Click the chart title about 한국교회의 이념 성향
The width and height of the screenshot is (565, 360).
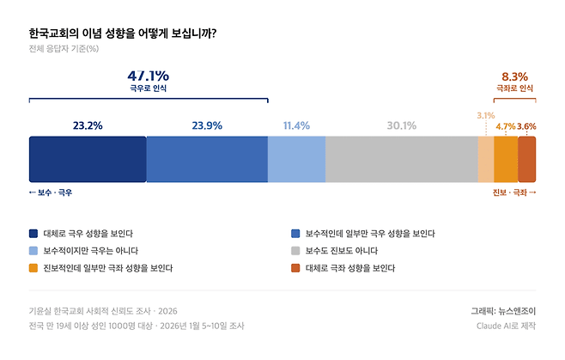122,34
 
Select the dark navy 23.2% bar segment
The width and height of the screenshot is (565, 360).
88,159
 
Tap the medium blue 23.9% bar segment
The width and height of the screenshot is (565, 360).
207,159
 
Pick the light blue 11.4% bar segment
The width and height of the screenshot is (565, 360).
296,159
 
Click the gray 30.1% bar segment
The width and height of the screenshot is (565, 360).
401,159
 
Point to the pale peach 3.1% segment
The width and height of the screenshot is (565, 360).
485,159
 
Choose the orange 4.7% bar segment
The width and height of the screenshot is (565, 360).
506,159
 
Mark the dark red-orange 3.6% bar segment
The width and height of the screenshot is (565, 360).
526,159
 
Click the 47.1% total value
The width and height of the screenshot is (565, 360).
148,75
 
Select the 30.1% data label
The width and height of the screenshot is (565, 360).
401,125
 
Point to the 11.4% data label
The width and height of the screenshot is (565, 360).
296,125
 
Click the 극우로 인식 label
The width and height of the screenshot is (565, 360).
148,88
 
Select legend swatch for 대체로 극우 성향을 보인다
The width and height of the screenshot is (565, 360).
33,233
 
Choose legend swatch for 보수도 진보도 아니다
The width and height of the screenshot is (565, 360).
295,251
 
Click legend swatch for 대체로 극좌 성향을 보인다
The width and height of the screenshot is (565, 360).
295,268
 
